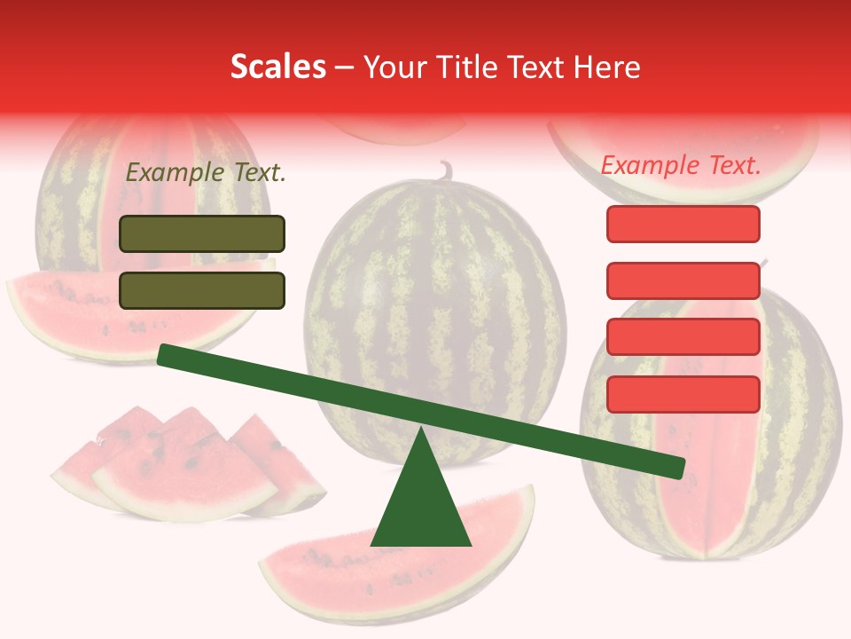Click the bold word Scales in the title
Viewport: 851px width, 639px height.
pyautogui.click(x=277, y=67)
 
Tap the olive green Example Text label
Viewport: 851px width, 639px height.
pyautogui.click(x=206, y=172)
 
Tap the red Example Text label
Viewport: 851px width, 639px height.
pyautogui.click(x=681, y=165)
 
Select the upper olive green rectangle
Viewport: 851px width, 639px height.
pyautogui.click(x=202, y=233)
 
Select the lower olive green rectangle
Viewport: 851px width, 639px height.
pyautogui.click(x=202, y=290)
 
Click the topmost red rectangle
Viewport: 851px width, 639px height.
pyautogui.click(x=683, y=224)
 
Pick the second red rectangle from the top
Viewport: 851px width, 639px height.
pyautogui.click(x=683, y=280)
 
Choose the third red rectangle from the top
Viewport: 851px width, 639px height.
pyautogui.click(x=683, y=337)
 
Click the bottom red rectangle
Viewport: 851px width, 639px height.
pyautogui.click(x=683, y=394)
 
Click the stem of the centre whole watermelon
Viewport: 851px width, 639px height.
pyautogui.click(x=446, y=169)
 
